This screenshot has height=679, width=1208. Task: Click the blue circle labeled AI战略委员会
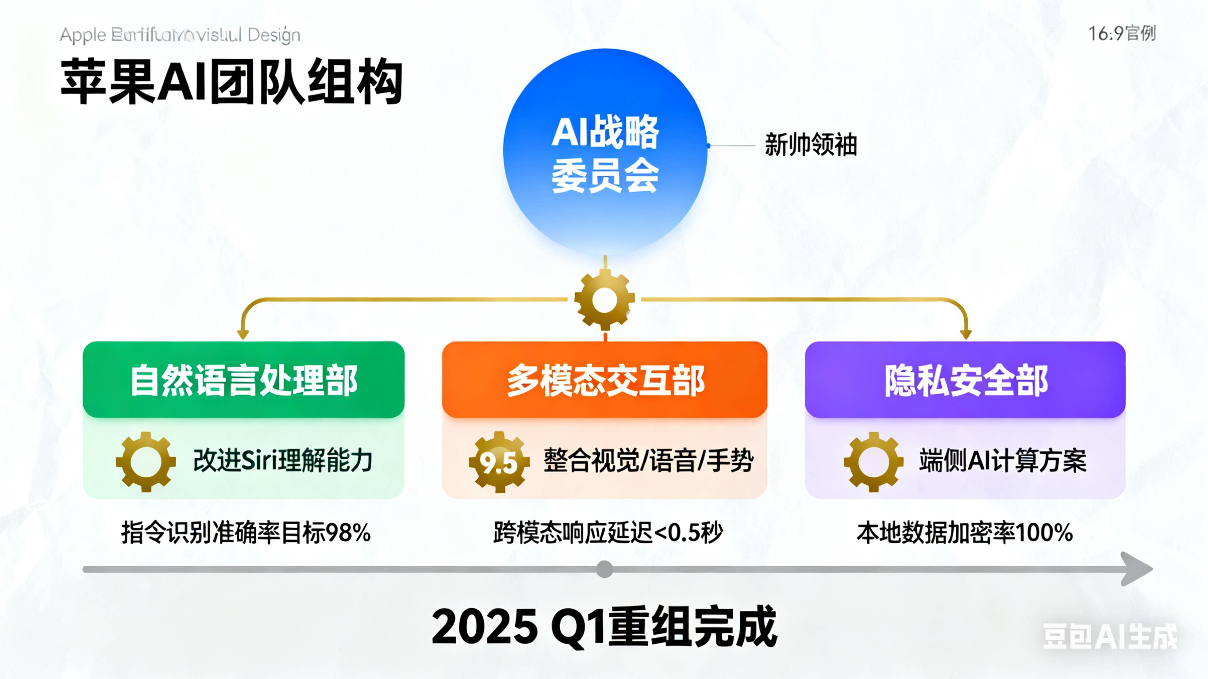coord(605,153)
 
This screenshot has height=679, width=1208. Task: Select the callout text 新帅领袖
coord(811,145)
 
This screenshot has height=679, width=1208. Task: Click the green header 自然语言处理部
coord(243,380)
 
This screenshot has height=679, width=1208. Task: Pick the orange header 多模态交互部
coord(604,380)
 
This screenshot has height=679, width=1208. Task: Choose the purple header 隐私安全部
coord(965,380)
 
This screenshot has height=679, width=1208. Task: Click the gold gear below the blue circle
coord(604,299)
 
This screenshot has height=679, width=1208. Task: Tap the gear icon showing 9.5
coord(499,462)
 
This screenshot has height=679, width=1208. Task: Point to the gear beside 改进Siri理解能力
coord(146,462)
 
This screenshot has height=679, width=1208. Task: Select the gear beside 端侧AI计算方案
coord(873,462)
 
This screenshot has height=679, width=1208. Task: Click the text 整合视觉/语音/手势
coord(648,460)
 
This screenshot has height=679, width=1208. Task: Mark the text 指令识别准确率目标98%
coord(246,533)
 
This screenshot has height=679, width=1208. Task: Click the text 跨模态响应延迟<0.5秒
coord(608,533)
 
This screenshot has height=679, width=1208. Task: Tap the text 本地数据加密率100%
coord(965,533)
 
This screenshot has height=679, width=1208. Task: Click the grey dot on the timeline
coord(604,569)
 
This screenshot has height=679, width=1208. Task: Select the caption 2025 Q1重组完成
coord(604,626)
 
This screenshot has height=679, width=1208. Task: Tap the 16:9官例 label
coord(1122,34)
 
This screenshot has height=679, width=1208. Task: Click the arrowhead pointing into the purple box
coord(966,334)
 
